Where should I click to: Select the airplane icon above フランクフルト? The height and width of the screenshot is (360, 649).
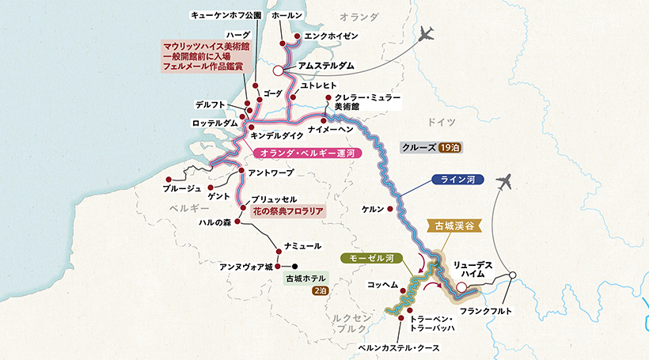502,182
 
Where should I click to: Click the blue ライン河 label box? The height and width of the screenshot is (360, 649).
458,180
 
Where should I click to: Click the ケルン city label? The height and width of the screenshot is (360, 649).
372,209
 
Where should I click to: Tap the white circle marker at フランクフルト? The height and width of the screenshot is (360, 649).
514,276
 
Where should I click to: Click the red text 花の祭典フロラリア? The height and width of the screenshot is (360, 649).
288,212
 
